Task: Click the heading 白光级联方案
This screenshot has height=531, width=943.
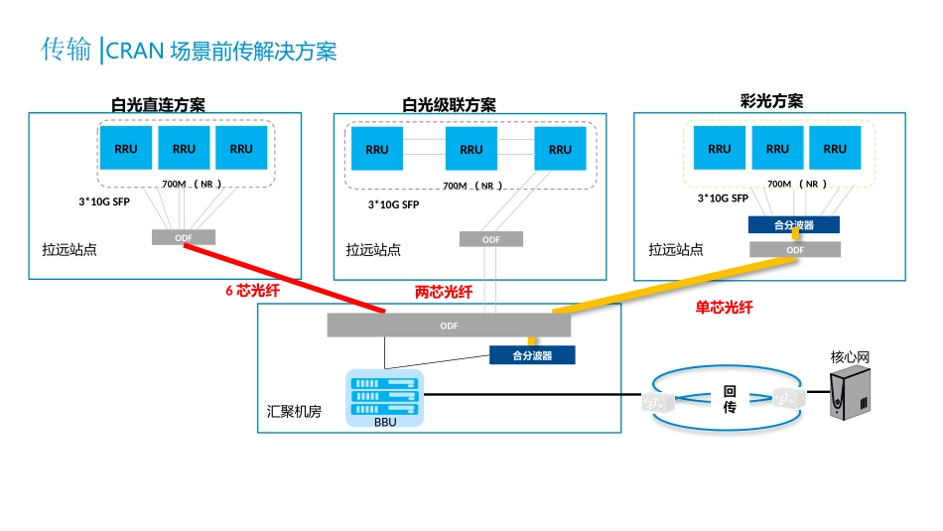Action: coord(449,104)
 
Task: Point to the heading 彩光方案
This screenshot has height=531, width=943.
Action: coord(771,100)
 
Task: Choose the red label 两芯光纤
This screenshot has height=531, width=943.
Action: coord(443,291)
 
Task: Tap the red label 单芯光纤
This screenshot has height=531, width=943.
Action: coord(724,308)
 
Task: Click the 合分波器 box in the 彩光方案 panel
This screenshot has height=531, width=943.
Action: coord(794,225)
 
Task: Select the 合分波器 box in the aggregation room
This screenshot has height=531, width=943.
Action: coord(532,354)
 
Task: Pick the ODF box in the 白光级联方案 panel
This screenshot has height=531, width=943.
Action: coord(491,239)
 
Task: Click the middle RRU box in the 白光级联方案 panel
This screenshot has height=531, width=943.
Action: coord(471,149)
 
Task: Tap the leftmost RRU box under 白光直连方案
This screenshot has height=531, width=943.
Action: coord(126,148)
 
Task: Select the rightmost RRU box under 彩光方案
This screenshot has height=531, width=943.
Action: coord(835,148)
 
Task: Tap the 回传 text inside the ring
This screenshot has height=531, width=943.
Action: coord(730,399)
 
